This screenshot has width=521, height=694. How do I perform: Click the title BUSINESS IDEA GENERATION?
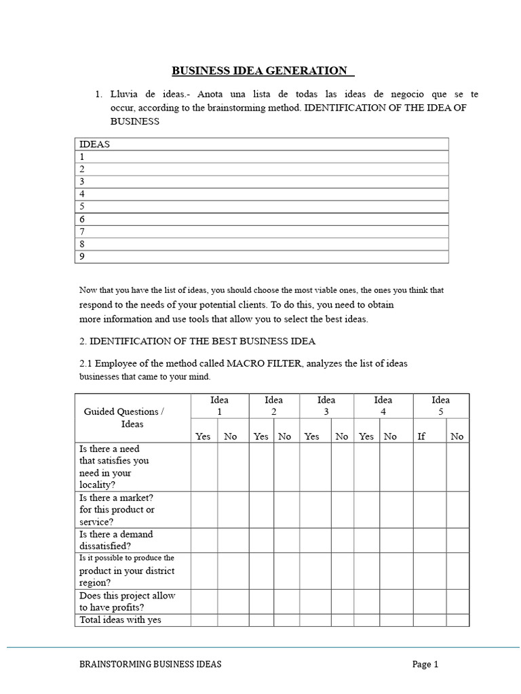click(263, 70)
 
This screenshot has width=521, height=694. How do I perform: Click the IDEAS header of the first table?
click(95, 144)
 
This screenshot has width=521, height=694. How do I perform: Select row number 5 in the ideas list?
click(83, 206)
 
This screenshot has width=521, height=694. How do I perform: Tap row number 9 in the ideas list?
click(83, 256)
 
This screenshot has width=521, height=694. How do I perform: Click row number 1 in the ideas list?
click(83, 156)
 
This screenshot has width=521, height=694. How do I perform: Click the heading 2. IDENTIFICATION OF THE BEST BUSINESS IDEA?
click(197, 341)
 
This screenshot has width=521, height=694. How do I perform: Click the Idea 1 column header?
click(219, 405)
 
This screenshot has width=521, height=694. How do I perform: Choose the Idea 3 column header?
click(326, 405)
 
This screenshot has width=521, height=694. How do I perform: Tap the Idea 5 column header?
click(440, 405)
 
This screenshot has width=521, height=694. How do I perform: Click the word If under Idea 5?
click(421, 436)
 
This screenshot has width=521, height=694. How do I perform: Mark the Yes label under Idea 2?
click(261, 436)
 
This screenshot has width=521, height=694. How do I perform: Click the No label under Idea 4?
click(390, 436)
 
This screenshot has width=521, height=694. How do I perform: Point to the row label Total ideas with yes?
click(121, 619)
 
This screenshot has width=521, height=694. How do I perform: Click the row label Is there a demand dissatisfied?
click(116, 539)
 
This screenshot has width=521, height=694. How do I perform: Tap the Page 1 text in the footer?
click(425, 665)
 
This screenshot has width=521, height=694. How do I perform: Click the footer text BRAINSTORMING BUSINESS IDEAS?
click(150, 665)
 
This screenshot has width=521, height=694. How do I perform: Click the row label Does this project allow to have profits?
click(127, 601)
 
